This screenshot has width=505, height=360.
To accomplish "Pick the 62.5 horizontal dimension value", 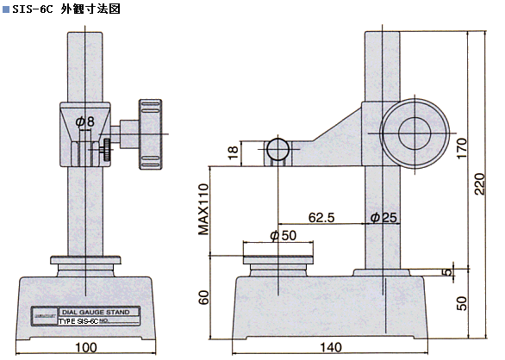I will coord(322,218).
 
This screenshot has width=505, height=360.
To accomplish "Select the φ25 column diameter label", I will coord(383,218).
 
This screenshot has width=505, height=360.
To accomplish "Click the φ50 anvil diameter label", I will coord(282,235).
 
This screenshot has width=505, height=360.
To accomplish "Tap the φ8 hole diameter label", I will coord(84,122).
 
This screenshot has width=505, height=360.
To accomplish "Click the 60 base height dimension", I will coord(203,298).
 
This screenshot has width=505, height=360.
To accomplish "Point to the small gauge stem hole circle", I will coord(277,150).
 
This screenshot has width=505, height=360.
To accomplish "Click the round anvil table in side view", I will coord(277,258).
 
